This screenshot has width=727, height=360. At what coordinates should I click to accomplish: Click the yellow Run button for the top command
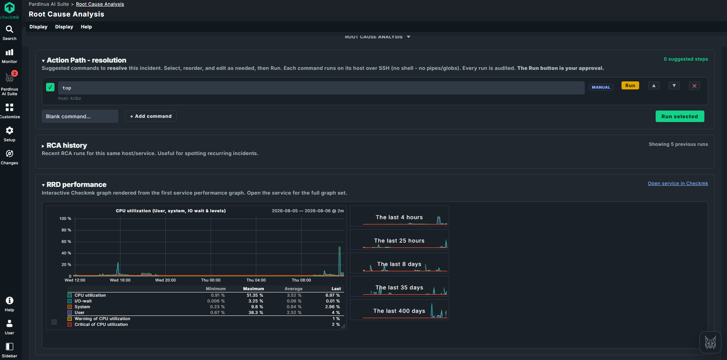coord(630,86)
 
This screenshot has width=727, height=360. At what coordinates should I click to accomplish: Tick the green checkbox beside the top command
coord(50,87)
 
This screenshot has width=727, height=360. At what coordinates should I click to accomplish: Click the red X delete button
coord(694,86)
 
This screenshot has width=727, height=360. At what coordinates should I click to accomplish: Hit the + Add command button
coord(151,116)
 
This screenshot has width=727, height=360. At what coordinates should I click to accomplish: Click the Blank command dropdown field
coord(80,116)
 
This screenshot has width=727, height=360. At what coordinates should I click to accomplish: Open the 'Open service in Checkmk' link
coord(678,183)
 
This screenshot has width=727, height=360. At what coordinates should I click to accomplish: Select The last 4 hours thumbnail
coord(399,216)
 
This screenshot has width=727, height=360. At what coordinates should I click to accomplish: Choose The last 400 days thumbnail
coord(399,310)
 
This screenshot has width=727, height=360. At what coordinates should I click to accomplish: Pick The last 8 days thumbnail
coord(399,263)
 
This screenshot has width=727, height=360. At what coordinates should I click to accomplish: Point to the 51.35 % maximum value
coord(255,295)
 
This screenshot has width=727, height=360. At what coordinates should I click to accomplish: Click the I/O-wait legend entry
coord(83,301)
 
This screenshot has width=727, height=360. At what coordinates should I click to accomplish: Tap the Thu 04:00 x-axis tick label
coord(256,280)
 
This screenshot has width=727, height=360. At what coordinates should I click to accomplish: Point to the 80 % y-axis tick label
coord(66,230)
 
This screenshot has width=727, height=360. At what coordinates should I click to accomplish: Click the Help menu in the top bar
coord(86,27)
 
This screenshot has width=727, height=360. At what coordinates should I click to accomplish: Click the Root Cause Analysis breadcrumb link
coord(100,4)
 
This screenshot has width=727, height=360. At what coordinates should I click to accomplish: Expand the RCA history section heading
coord(67,145)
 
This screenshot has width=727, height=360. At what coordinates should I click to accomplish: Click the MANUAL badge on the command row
coord(601,87)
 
